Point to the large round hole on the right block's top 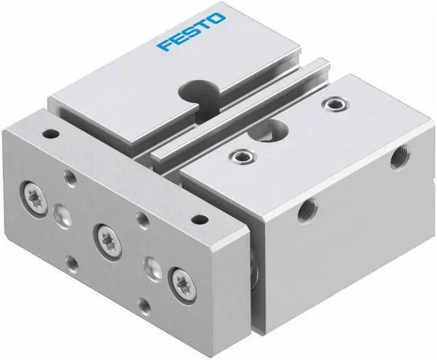pyautogui.click(x=276, y=126)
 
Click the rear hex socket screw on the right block pyautogui.click(x=333, y=104)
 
